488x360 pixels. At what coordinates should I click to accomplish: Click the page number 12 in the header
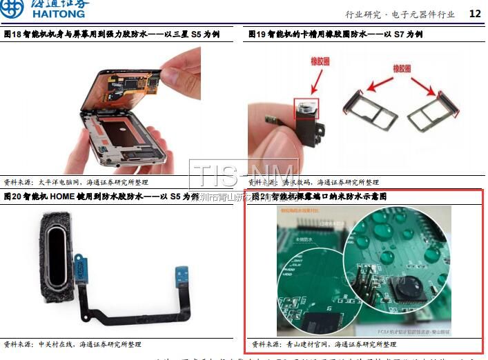(x=475, y=13)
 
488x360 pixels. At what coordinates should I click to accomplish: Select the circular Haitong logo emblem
(x=12, y=8)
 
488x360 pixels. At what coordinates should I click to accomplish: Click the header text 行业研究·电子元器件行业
(x=400, y=14)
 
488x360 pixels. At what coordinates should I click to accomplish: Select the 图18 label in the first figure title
(x=12, y=34)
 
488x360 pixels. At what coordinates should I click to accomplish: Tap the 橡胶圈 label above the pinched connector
(x=321, y=61)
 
